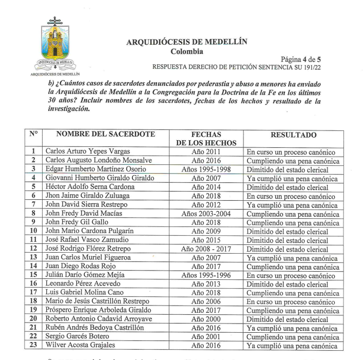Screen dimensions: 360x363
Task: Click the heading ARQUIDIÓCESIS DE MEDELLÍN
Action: pyautogui.click(x=186, y=43)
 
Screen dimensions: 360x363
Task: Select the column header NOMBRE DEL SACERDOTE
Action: pyautogui.click(x=106, y=134)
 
